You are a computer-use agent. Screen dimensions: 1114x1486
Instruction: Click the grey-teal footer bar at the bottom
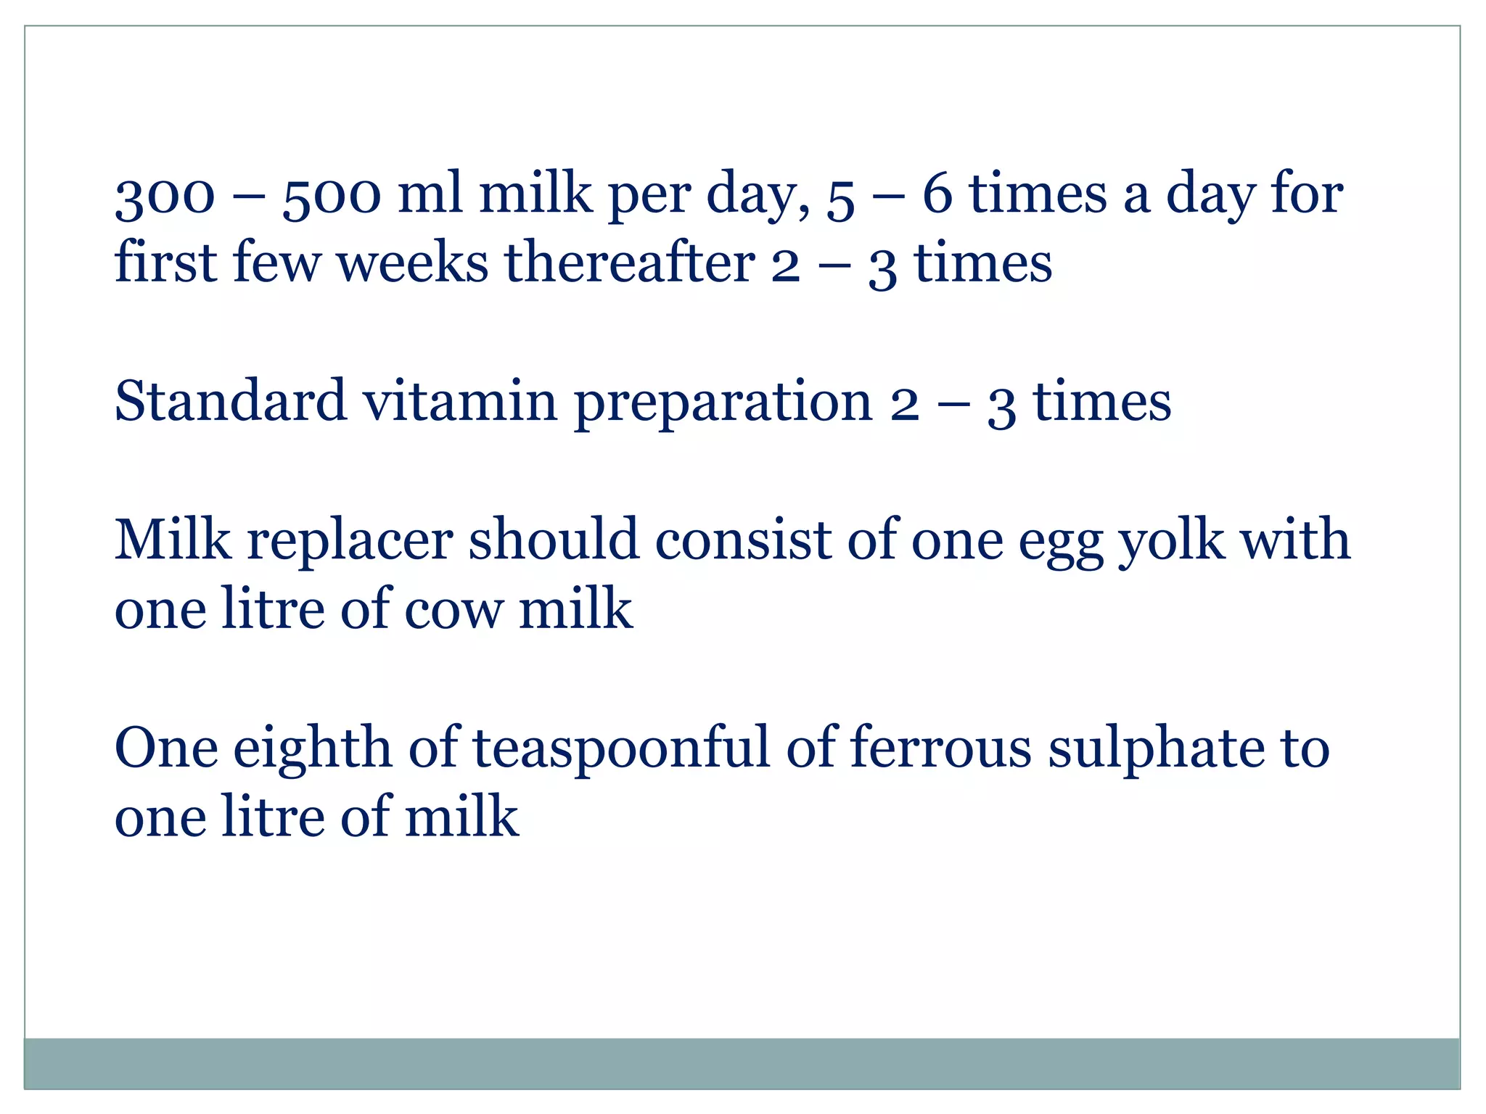[742, 1063]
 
